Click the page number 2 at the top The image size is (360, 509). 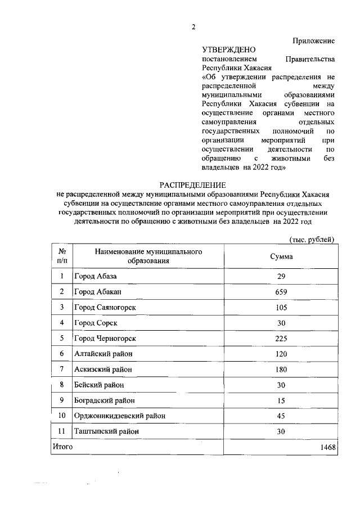[x=193, y=27]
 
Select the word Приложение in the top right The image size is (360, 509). [x=313, y=40]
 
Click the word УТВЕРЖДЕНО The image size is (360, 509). [x=228, y=50]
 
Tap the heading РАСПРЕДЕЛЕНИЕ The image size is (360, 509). [x=193, y=184]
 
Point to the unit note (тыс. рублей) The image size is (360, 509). [x=312, y=240]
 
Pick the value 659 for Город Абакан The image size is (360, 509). [x=281, y=292]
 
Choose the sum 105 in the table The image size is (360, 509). [x=281, y=308]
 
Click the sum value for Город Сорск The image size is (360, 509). [x=281, y=323]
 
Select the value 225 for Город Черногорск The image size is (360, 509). [x=281, y=339]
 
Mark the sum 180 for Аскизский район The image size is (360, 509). [x=281, y=370]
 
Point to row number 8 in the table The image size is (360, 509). [x=61, y=385]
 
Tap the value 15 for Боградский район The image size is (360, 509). [x=281, y=400]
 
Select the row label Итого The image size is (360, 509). [x=62, y=447]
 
